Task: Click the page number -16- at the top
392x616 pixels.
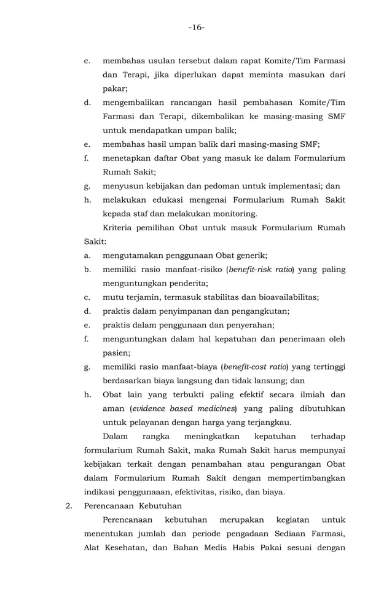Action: point(197,28)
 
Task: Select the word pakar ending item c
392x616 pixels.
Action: point(114,88)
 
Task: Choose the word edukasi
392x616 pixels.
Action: point(165,200)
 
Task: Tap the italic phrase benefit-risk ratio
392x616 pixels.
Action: point(259,270)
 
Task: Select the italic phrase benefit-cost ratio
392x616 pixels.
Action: point(255,367)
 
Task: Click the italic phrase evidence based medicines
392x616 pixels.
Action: point(184,408)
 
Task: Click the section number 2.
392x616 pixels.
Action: point(70,506)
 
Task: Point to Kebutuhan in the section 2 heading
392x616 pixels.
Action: point(160,506)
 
